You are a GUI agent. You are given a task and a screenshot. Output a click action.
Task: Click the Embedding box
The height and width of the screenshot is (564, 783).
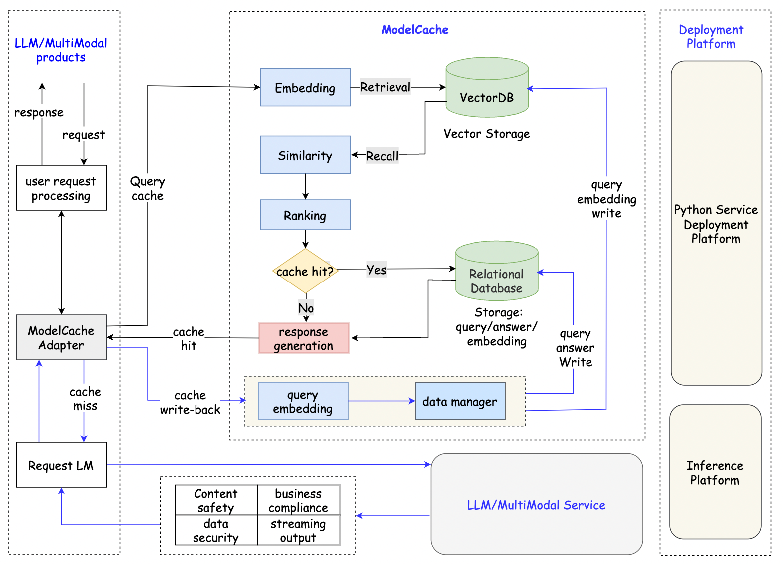(x=305, y=87)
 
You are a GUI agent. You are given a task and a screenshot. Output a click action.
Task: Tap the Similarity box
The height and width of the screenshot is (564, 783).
(x=305, y=155)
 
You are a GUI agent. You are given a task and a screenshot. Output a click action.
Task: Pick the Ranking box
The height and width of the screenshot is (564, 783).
(x=305, y=215)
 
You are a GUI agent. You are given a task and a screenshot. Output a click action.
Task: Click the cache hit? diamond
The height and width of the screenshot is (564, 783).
(x=305, y=271)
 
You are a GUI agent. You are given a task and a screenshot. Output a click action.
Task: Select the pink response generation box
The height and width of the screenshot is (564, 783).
(x=304, y=338)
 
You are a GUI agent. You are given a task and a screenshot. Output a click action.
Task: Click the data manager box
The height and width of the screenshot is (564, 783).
(x=460, y=401)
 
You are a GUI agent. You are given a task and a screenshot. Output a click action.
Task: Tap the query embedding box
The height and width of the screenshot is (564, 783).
(x=303, y=401)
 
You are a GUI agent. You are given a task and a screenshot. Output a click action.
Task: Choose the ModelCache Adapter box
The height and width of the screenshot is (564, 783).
(x=61, y=337)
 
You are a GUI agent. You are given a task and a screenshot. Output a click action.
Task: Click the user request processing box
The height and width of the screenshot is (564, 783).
(x=61, y=188)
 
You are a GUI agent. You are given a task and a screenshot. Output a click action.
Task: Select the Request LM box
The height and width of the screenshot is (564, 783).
(x=61, y=465)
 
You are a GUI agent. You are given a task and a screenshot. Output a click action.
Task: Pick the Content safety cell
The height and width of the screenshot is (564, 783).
(x=216, y=500)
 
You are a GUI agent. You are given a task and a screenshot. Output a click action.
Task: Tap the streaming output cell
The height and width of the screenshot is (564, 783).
(x=298, y=530)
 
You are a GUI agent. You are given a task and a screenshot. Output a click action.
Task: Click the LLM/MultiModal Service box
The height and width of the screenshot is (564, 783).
(x=536, y=504)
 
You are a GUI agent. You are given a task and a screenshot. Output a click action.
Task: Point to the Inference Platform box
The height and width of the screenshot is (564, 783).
(x=715, y=472)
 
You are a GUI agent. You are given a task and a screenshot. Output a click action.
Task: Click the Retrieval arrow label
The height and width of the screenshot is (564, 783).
(x=385, y=87)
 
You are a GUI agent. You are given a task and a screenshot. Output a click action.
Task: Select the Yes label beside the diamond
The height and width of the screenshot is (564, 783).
(x=376, y=270)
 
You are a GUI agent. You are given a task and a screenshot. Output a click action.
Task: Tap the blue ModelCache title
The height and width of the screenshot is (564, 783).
(x=414, y=30)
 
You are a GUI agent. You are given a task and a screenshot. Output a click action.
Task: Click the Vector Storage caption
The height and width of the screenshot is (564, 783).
(x=487, y=134)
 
